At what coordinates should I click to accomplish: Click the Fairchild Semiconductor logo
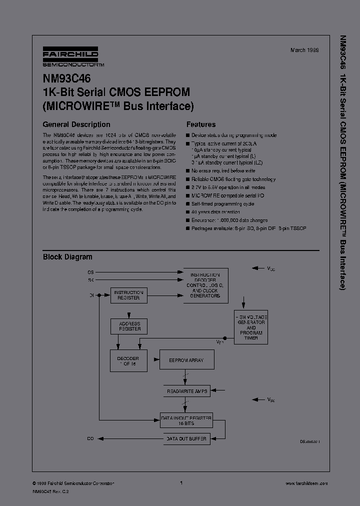point(70,57)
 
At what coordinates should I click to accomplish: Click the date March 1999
point(304,50)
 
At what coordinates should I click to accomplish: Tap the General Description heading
point(76,124)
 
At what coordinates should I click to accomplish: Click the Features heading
point(201,124)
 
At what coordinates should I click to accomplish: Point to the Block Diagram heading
point(67,257)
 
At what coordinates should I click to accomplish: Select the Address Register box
point(128,326)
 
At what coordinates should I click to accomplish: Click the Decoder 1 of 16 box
point(128,361)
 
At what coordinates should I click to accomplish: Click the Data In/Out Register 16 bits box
point(185,420)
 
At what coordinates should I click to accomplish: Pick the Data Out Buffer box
point(185,438)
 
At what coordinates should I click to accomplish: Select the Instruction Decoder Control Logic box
point(205,285)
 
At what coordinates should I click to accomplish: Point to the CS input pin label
point(90,272)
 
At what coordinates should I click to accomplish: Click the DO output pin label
point(90,438)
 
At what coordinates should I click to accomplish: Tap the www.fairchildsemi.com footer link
point(306,483)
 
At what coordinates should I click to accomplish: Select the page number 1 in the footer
point(180,483)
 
